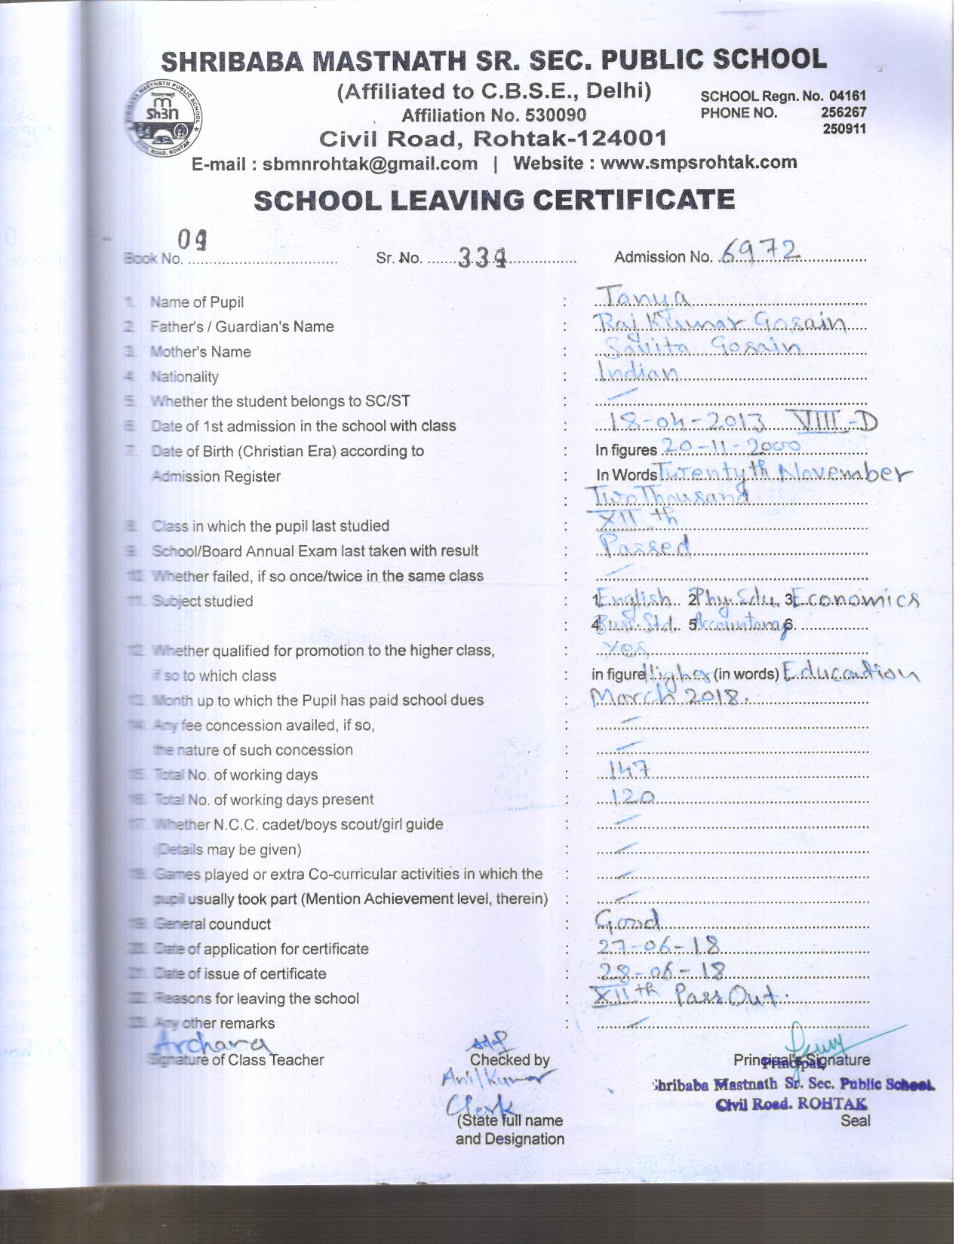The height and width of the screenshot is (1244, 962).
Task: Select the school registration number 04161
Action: tap(847, 97)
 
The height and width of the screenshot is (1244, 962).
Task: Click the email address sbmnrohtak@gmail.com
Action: tap(370, 164)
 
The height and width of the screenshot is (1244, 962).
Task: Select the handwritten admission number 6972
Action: tap(760, 251)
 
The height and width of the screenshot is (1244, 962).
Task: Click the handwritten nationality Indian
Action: tap(638, 372)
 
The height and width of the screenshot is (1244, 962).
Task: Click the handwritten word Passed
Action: tap(644, 545)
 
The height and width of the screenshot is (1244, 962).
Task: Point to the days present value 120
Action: tap(632, 795)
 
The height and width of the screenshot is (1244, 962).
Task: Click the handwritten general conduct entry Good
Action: tap(628, 919)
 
